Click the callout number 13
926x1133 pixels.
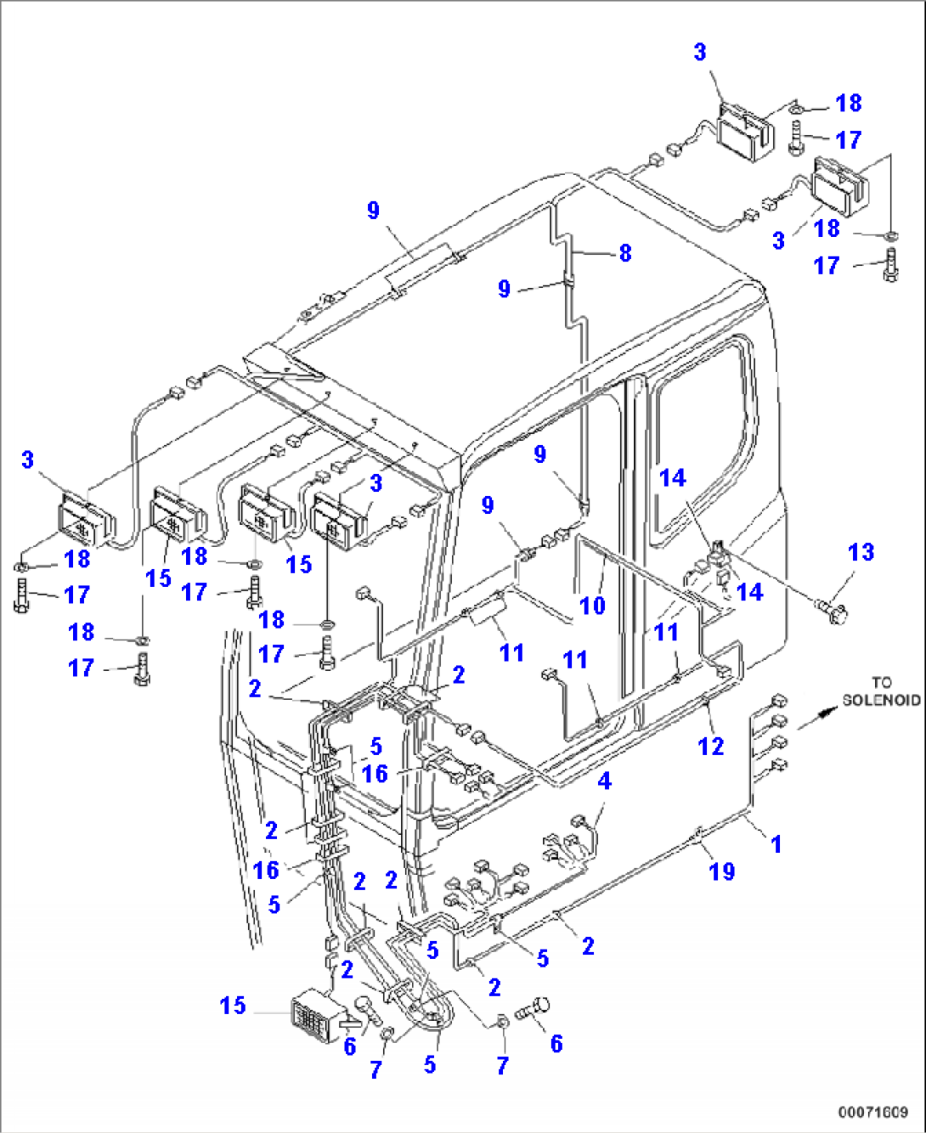(861, 552)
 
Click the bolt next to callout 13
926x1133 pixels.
(828, 610)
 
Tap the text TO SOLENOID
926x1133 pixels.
(881, 691)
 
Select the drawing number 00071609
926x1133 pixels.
(872, 1112)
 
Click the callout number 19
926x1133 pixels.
(721, 871)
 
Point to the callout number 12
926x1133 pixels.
(710, 746)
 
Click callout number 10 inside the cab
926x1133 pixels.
(592, 606)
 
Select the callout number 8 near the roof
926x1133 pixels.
(625, 252)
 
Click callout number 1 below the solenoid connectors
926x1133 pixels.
(776, 843)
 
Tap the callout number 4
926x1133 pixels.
(604, 781)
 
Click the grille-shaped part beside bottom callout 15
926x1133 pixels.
(316, 1015)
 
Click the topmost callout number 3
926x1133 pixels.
(699, 52)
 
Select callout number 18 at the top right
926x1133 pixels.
(849, 103)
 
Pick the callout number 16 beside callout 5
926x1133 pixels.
(375, 773)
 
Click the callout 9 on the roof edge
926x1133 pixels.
(373, 210)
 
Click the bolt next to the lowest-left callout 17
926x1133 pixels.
(141, 671)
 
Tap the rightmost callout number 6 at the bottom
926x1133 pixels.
(556, 1043)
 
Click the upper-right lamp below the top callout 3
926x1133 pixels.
(745, 135)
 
